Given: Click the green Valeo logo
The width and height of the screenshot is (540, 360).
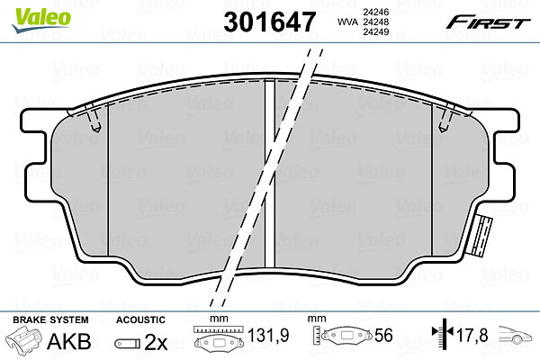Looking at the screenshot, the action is click(40, 20).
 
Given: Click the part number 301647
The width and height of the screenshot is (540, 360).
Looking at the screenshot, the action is click(269, 22).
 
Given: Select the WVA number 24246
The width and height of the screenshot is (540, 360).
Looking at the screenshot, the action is click(375, 12).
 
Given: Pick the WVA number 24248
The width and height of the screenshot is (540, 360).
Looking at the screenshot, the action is click(375, 22).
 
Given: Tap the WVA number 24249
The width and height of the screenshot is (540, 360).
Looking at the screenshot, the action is click(375, 32).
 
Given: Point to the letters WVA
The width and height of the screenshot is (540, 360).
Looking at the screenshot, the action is click(348, 22).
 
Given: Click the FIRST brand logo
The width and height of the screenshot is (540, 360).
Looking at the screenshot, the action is click(488, 22).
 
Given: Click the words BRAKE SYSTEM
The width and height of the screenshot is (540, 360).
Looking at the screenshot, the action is click(50, 320).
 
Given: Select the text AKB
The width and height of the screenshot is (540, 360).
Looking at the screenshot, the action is click(69, 341).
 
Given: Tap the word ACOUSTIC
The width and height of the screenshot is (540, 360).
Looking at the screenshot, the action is click(140, 320).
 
